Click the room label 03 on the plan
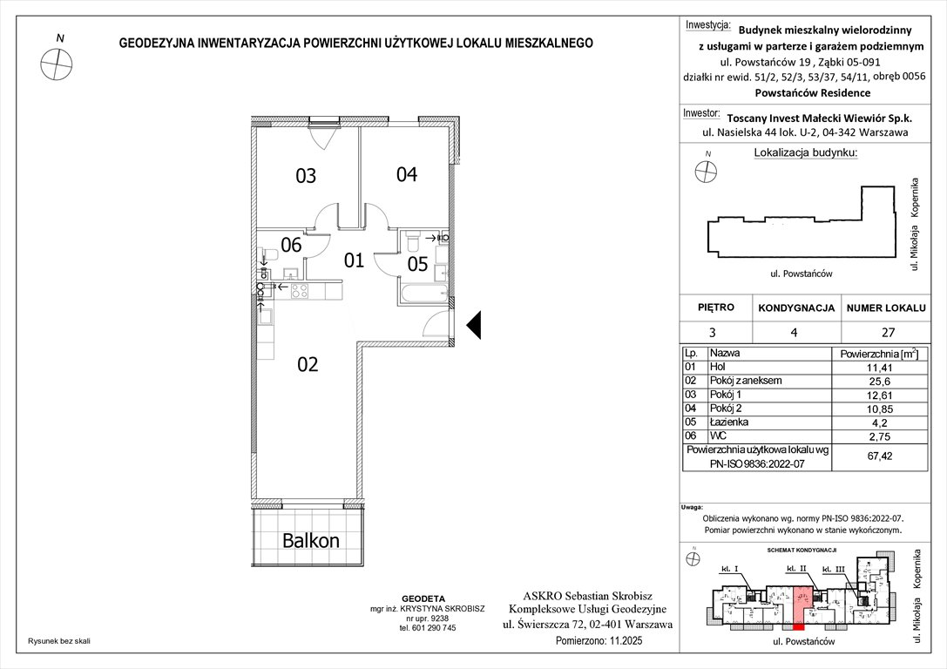[305, 177]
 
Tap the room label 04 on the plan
[407, 174]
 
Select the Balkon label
[310, 540]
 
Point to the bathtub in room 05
[423, 293]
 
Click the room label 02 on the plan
[308, 364]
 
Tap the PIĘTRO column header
[716, 307]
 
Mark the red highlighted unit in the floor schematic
[801, 601]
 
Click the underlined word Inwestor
[702, 113]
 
